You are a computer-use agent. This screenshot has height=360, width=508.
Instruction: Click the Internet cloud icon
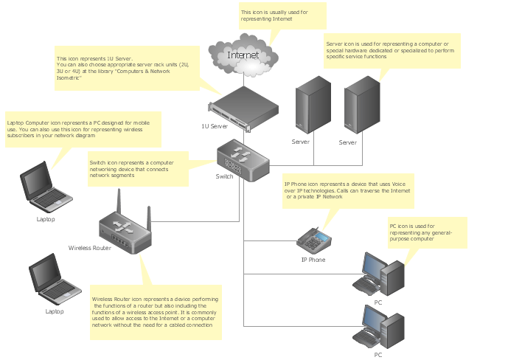243,55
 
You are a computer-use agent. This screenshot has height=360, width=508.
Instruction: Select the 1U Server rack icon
243,108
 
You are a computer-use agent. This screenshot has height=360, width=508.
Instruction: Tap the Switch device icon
243,160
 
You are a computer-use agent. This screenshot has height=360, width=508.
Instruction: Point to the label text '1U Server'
215,126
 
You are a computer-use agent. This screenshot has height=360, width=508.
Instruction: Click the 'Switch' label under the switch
224,176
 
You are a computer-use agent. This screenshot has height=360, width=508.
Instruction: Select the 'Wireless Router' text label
90,248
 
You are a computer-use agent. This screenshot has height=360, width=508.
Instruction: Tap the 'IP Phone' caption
313,260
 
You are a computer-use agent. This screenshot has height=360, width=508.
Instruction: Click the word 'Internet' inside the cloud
243,55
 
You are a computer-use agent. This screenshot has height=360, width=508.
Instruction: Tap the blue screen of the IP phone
321,237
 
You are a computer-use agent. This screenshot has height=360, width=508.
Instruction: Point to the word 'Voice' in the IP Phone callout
398,184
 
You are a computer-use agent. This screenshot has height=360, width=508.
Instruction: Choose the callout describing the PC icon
428,232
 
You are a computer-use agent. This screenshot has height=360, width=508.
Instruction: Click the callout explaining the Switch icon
139,169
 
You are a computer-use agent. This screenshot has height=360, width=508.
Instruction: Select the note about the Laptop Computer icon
83,129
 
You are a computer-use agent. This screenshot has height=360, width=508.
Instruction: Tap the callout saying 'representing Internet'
282,15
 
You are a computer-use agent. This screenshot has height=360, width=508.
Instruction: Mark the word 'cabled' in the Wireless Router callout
177,325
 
